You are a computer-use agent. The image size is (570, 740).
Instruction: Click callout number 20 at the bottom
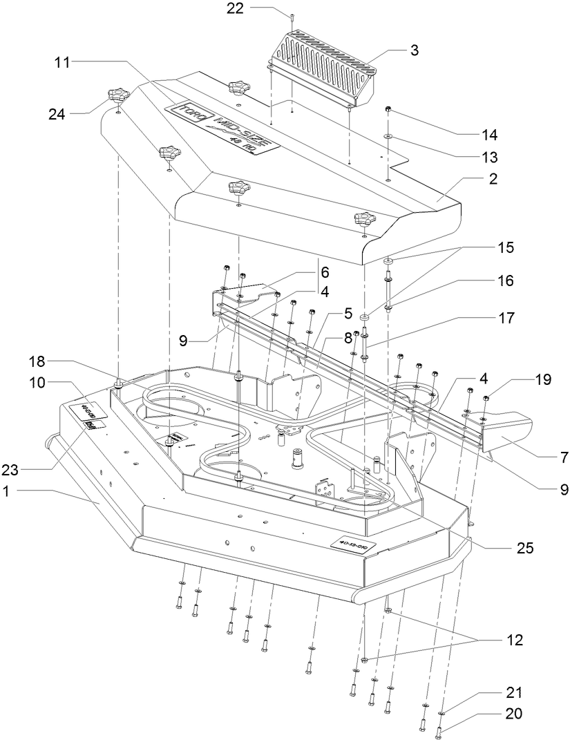point(512,714)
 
